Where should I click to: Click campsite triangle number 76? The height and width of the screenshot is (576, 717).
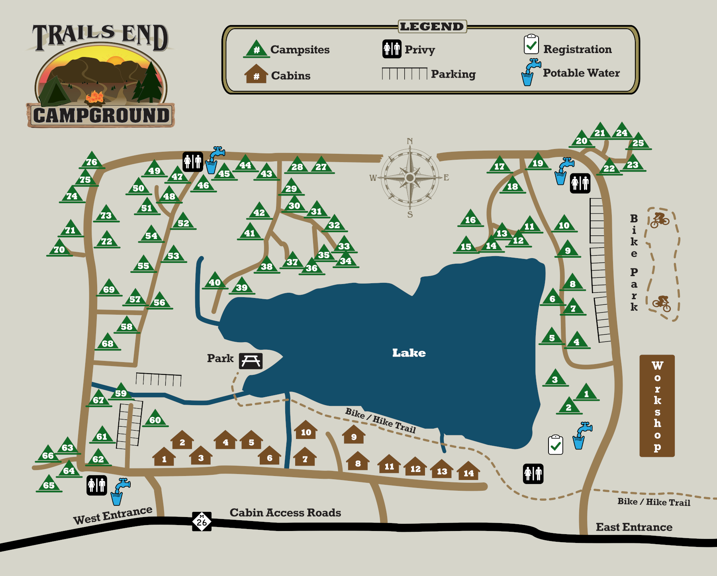pyautogui.click(x=92, y=161)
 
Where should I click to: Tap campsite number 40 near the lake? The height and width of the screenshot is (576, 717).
pyautogui.click(x=215, y=281)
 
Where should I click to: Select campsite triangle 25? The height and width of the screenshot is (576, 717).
pyautogui.click(x=638, y=141)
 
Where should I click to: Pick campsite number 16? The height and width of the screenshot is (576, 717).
pyautogui.click(x=470, y=219)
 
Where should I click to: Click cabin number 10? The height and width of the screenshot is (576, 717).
pyautogui.click(x=306, y=431)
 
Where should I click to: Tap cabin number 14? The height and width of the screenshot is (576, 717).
pyautogui.click(x=468, y=472)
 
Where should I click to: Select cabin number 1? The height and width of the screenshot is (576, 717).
pyautogui.click(x=164, y=458)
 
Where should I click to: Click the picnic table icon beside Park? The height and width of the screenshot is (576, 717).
pyautogui.click(x=251, y=361)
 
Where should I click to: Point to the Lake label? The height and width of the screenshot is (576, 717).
pyautogui.click(x=409, y=353)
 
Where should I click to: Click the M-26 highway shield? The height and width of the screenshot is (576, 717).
pyautogui.click(x=202, y=521)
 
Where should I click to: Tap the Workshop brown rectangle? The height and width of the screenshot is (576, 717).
pyautogui.click(x=657, y=406)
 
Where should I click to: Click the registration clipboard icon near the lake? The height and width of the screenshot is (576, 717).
pyautogui.click(x=555, y=445)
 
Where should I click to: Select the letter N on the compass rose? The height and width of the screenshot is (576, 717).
pyautogui.click(x=410, y=141)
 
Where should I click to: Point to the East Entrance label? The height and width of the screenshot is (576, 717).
pyautogui.click(x=634, y=527)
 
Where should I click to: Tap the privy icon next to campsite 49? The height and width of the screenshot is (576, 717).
pyautogui.click(x=193, y=162)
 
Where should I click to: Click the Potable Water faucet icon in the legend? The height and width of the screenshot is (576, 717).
pyautogui.click(x=530, y=72)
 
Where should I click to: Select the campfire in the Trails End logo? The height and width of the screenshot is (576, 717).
pyautogui.click(x=95, y=96)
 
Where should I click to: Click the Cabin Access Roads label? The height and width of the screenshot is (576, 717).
pyautogui.click(x=285, y=513)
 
